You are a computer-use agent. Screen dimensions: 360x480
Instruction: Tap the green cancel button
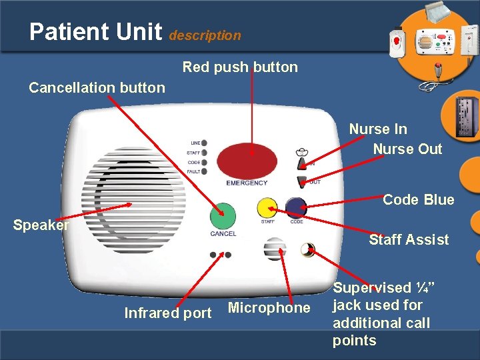(223, 216)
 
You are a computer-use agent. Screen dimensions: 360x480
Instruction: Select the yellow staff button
(267, 207)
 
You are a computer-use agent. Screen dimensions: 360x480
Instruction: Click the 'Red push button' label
(240, 67)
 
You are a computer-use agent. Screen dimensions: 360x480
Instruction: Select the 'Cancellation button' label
(97, 87)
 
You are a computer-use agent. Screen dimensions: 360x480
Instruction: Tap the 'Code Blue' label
(418, 199)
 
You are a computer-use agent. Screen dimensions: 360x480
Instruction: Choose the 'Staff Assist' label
(409, 239)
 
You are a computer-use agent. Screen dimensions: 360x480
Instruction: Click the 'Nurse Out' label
(407, 149)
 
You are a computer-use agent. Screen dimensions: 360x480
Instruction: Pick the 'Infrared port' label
(168, 313)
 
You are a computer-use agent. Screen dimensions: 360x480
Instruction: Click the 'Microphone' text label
(269, 307)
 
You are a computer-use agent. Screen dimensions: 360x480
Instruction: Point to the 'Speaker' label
(41, 225)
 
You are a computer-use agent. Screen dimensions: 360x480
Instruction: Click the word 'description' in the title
(205, 35)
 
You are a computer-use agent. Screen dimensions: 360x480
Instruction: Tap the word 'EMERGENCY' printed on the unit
(247, 183)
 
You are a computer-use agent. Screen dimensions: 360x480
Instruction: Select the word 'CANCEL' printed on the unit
(223, 234)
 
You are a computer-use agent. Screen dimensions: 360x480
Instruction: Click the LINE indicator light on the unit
(203, 143)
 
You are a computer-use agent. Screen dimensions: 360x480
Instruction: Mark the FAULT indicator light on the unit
(203, 171)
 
